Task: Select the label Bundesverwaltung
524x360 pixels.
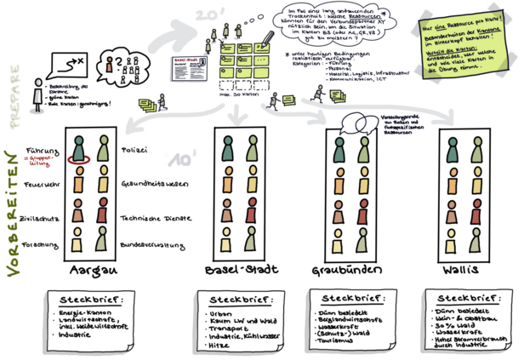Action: pyautogui.click(x=149, y=244)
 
